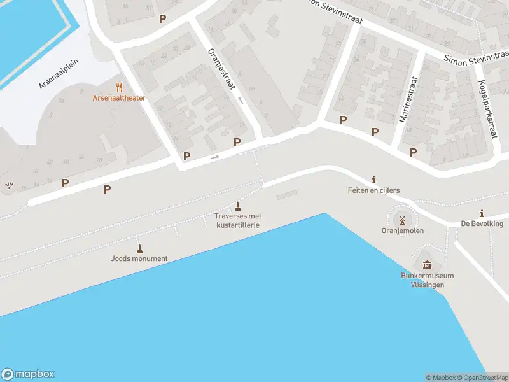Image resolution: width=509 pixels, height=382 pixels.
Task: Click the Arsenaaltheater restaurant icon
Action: pyautogui.click(x=118, y=87)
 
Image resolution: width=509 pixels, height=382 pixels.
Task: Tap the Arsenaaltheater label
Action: pyautogui.click(x=119, y=98)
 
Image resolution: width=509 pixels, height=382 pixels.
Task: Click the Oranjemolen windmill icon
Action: pyautogui.click(x=402, y=220)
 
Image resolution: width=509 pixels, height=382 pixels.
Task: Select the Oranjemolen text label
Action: pyautogui.click(x=402, y=231)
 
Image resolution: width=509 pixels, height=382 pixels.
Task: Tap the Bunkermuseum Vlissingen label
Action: pyautogui.click(x=427, y=280)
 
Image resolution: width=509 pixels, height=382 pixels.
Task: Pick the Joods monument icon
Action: pyautogui.click(x=139, y=248)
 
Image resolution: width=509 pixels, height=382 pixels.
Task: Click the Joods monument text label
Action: pyautogui.click(x=139, y=258)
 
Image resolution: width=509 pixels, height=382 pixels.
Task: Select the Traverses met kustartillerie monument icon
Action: pyautogui.click(x=238, y=206)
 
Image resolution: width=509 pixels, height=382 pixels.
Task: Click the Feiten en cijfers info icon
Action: pyautogui.click(x=373, y=180)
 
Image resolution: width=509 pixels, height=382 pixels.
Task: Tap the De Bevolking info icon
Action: pyautogui.click(x=482, y=213)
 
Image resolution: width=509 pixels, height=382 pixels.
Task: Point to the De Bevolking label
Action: pyautogui.click(x=482, y=223)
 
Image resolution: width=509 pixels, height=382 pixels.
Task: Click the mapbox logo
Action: pyautogui.click(x=28, y=374)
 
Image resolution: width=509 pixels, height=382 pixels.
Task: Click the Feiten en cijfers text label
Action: pyautogui.click(x=373, y=190)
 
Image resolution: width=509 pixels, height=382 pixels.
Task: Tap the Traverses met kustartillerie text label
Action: pyautogui.click(x=238, y=220)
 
